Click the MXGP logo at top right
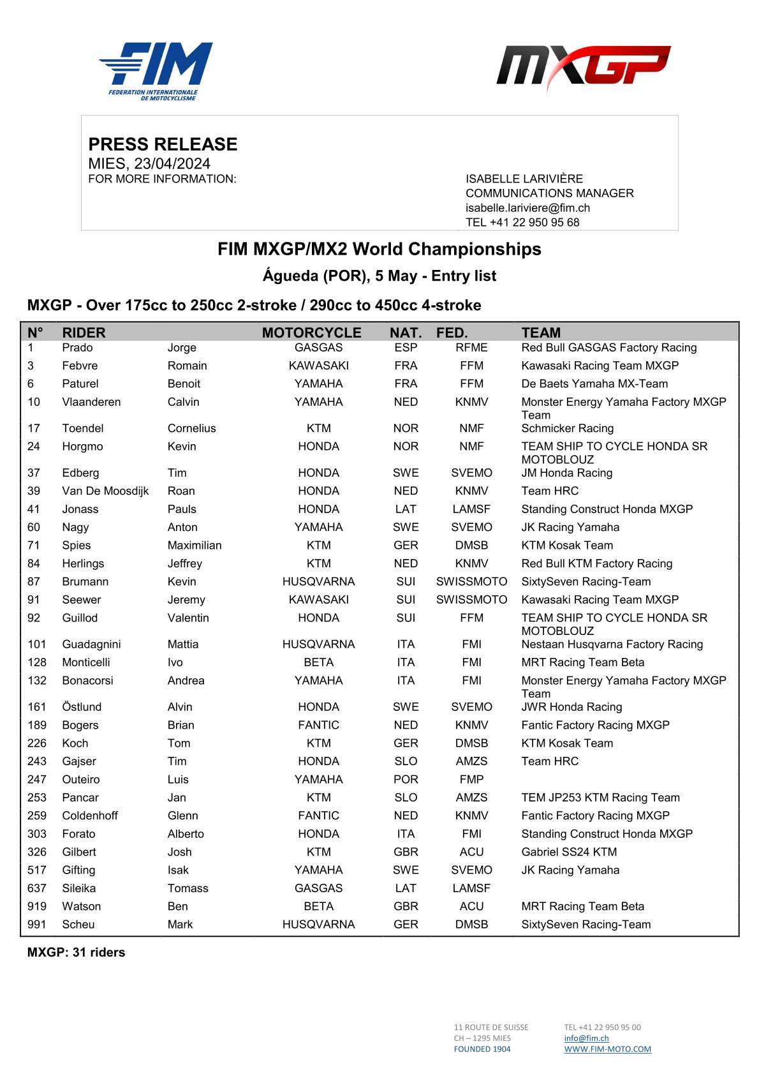point(583,68)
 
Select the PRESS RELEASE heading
point(163,144)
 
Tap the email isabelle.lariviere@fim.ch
point(527,208)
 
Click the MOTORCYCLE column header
point(311,332)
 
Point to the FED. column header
point(452,332)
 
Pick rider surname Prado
point(77,348)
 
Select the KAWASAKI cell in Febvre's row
point(318,366)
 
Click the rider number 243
point(37,761)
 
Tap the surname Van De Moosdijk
point(105,491)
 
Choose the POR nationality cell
point(406,779)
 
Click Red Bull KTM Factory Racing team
point(596,563)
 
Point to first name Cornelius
point(191,428)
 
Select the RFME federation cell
point(471,348)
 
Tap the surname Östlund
point(82,707)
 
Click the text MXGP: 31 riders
point(76,952)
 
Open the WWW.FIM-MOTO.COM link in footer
point(607,1049)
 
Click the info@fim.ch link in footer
point(586,1038)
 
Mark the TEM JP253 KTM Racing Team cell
point(600,798)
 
